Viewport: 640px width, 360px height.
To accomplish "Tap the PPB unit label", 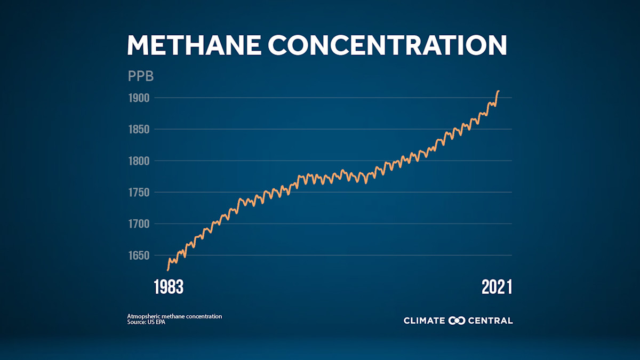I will pos(141,76).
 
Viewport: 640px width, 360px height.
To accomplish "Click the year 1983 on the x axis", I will pos(169,287).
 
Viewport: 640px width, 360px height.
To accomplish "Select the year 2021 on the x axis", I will pos(497,287).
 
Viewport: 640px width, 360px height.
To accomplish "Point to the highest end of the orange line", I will pos(498,91).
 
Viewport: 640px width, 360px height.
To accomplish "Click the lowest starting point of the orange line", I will pos(167,270).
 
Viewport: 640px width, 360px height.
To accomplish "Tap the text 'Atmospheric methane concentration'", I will pos(174,316).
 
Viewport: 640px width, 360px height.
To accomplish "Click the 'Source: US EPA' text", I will pos(146,322).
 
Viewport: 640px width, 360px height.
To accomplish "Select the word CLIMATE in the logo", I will pos(424,321).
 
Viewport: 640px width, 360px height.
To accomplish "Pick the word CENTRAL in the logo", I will pos(490,321).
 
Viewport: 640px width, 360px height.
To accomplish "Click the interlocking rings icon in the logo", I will pos(457,321).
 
